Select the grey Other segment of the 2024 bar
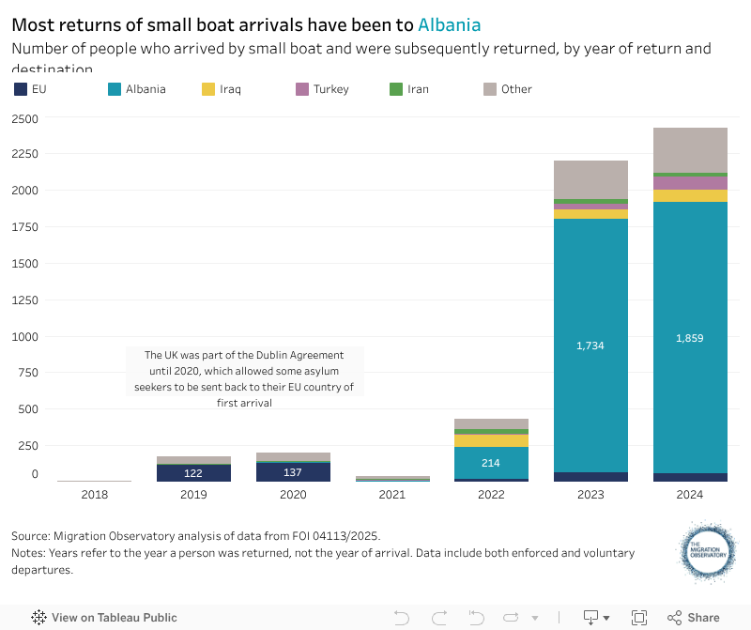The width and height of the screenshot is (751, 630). coord(690,150)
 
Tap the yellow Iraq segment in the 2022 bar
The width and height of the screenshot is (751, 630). coord(491,440)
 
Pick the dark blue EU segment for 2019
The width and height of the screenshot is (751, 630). coord(193,473)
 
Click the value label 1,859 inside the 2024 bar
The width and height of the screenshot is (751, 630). coord(690,338)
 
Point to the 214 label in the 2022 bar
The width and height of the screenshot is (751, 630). coord(491,463)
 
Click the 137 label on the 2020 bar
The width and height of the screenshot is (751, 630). coord(293,472)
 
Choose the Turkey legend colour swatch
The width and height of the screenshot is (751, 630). coord(302,89)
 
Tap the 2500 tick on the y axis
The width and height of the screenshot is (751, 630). coord(25,118)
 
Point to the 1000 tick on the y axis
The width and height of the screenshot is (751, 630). coord(25,336)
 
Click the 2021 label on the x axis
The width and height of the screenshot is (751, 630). coord(392,495)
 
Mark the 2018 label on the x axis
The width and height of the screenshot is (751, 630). coord(95,495)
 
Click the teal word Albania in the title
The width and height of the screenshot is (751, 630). coord(449,24)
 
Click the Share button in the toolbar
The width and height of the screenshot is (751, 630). coord(694,618)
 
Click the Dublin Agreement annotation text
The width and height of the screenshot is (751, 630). coord(244,378)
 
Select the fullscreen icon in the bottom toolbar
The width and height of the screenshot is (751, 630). coord(639,618)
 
